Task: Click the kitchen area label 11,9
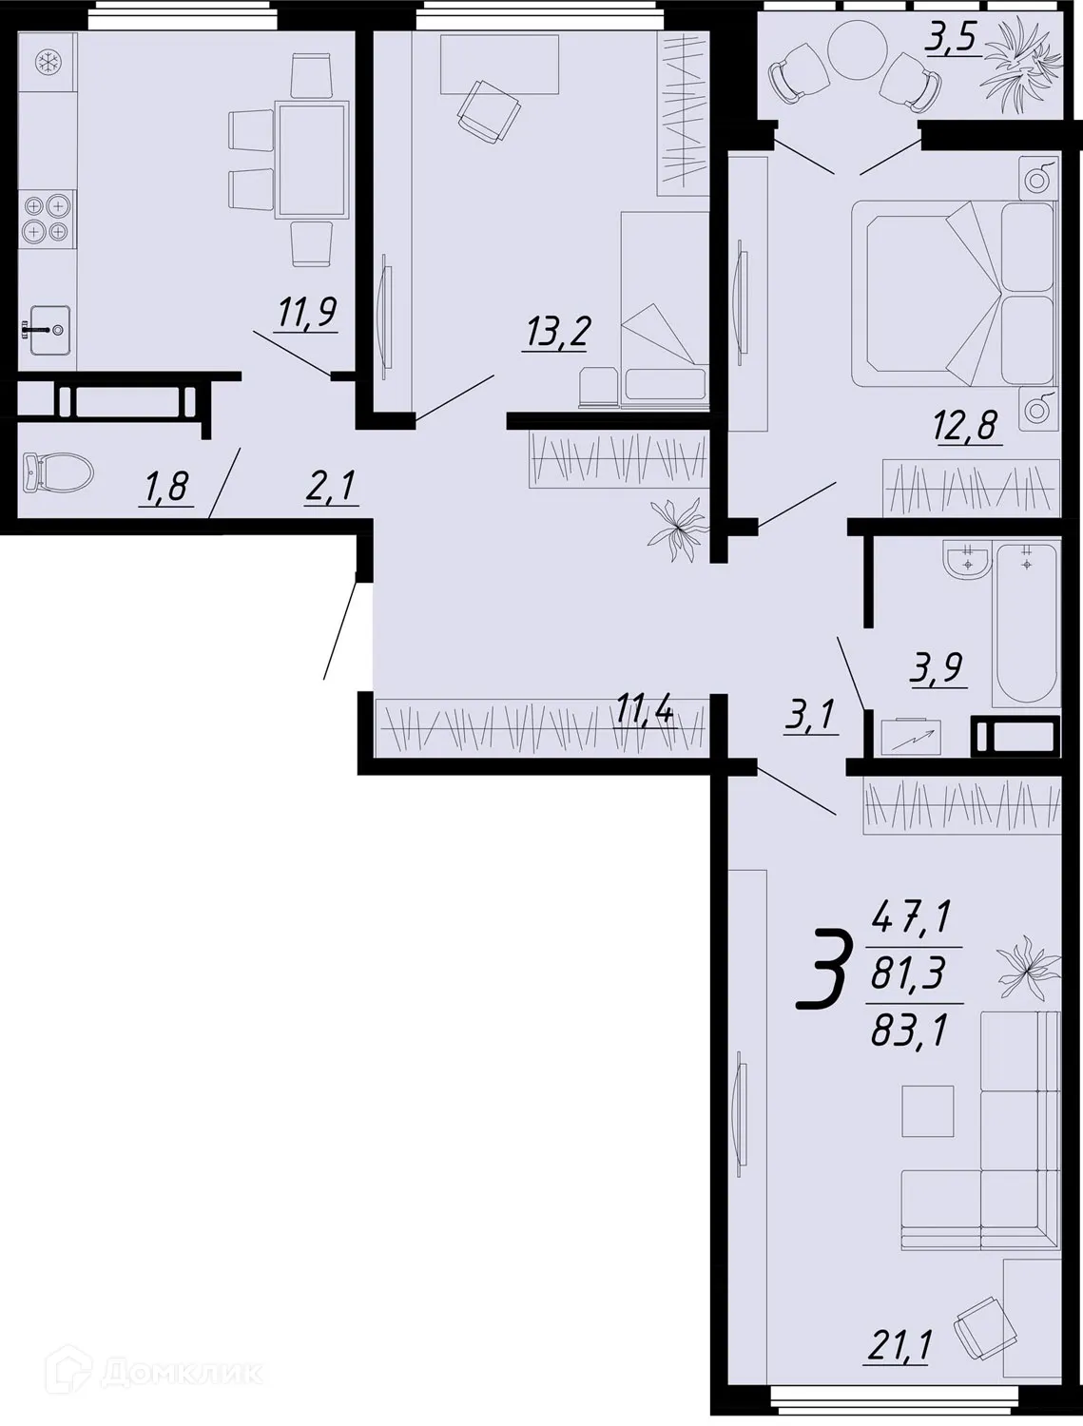(308, 312)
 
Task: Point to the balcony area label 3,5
(954, 43)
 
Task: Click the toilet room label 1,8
(165, 488)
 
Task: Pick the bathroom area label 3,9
(938, 668)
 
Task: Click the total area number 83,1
(909, 1030)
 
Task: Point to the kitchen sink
(48, 328)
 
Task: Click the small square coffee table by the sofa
(927, 1110)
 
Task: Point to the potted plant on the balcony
(1022, 65)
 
